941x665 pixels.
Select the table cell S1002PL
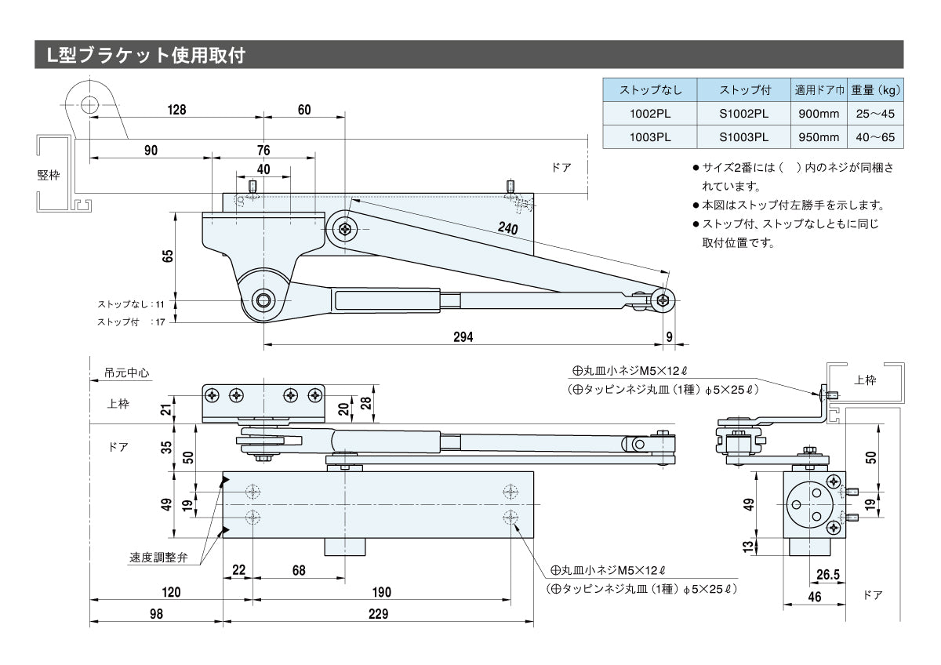point(743,114)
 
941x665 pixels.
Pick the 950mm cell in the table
point(818,137)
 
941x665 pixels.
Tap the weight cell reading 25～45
point(875,114)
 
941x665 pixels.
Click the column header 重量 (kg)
point(875,90)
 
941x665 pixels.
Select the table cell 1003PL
point(649,137)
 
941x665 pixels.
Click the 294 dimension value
point(463,336)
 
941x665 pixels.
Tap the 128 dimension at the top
point(176,110)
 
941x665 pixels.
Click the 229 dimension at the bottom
point(378,615)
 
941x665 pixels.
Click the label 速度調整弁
point(159,558)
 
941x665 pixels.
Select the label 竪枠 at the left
point(49,175)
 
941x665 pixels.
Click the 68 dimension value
point(298,570)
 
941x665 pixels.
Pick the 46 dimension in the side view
point(814,598)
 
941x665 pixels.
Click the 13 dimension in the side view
point(748,547)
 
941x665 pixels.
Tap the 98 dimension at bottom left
point(157,615)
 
